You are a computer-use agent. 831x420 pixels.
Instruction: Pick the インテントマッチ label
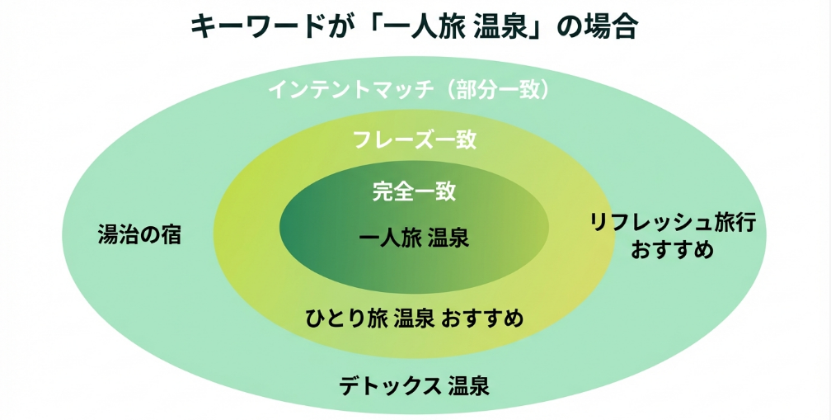[x=350, y=89]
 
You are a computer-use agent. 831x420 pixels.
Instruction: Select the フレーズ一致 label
[x=415, y=139]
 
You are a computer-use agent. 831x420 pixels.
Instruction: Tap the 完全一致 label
[x=415, y=192]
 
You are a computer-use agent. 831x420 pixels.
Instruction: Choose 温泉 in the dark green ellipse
[x=448, y=238]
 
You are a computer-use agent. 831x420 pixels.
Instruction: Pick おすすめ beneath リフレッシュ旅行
[x=672, y=249]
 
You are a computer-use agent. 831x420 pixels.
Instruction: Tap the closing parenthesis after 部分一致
[x=545, y=89]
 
